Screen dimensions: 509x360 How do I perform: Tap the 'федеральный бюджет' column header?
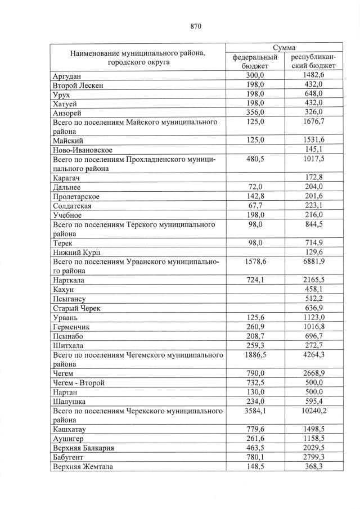(255, 61)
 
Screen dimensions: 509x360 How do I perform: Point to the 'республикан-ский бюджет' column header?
(313, 61)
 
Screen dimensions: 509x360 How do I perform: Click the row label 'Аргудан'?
(67, 76)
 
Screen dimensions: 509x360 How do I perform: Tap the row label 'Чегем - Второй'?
(79, 382)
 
